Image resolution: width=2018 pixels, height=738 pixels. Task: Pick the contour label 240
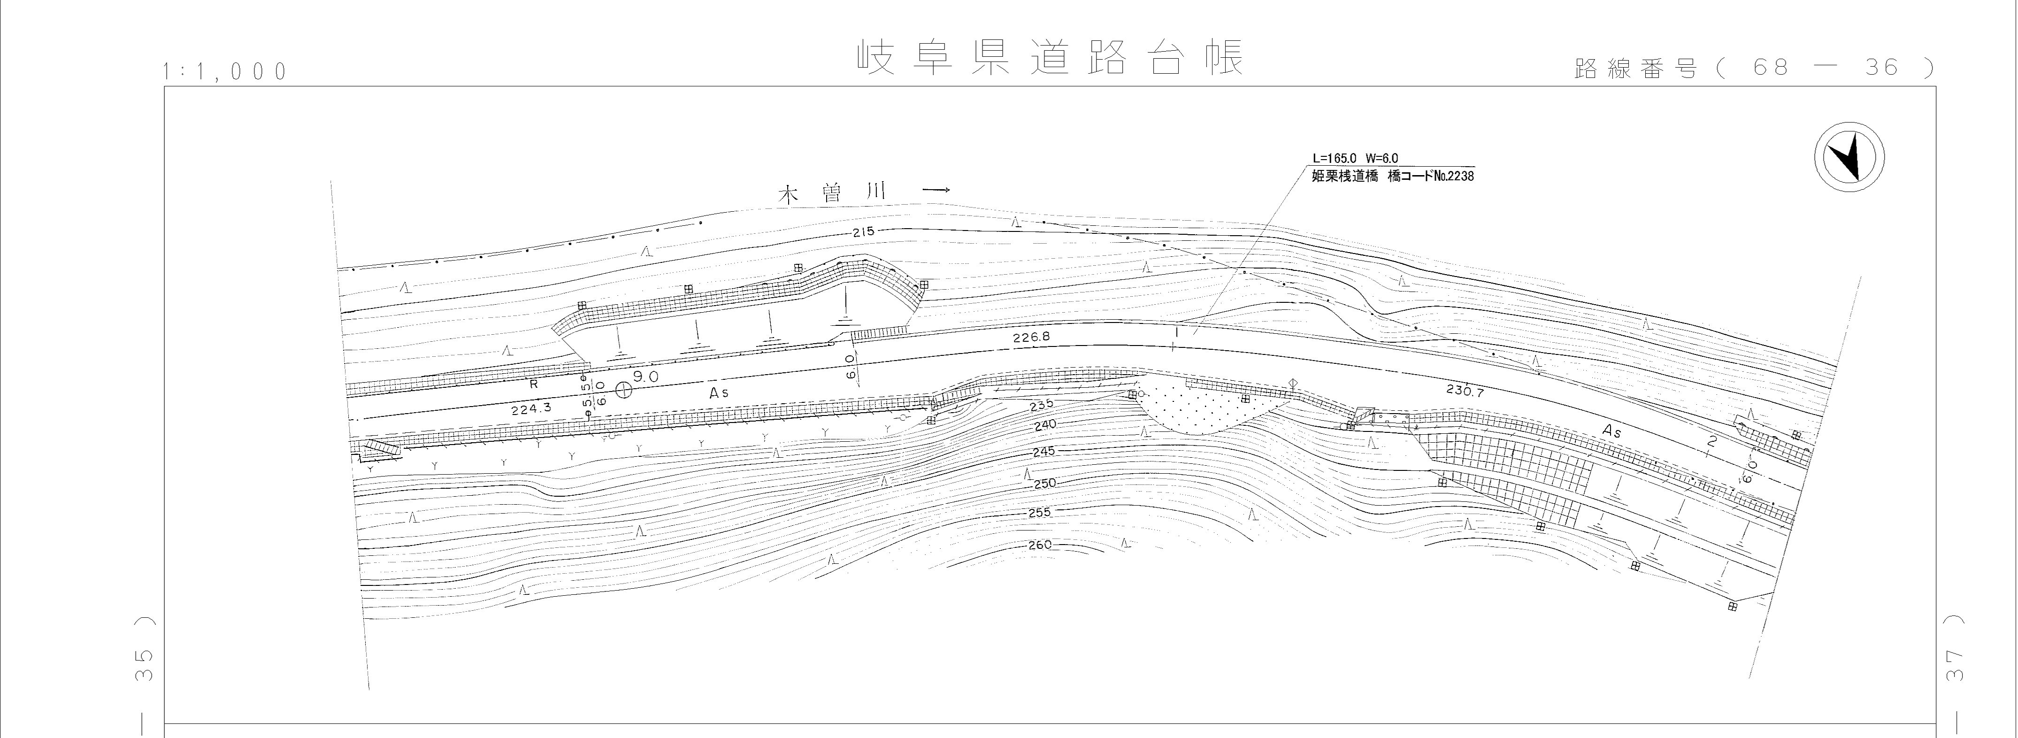pos(1045,424)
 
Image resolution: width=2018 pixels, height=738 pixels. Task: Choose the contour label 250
pos(1045,484)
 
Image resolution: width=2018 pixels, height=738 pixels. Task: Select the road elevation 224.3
pos(531,408)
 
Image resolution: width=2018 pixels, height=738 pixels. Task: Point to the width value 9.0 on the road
pos(647,377)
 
